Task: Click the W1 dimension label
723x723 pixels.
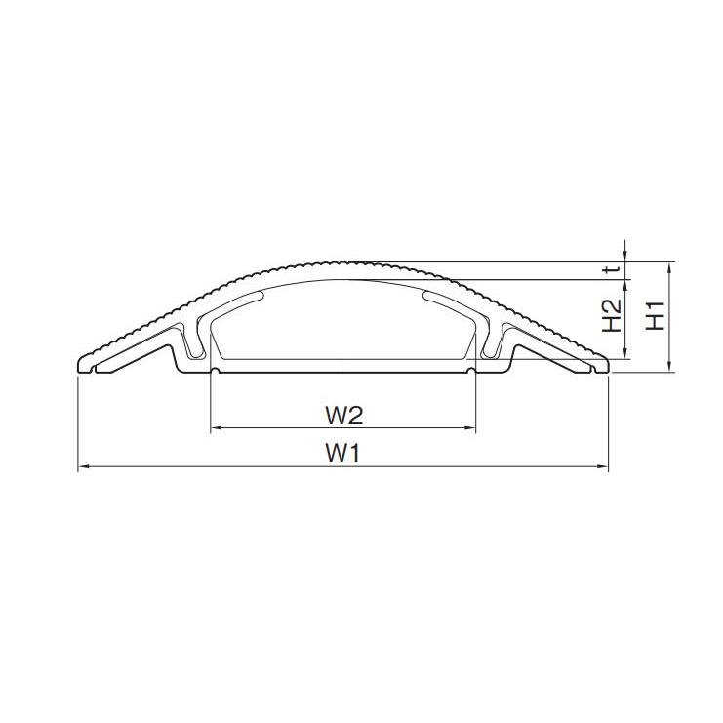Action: [342, 453]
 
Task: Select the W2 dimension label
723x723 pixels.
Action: [344, 416]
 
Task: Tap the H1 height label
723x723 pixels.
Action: [656, 316]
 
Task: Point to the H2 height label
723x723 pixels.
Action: [612, 316]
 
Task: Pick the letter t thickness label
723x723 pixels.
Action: [613, 269]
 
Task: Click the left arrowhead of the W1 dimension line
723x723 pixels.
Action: [83, 466]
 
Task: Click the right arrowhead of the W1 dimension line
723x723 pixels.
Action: [603, 466]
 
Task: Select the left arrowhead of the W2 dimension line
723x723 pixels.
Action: [217, 428]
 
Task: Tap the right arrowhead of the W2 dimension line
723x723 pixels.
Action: [470, 428]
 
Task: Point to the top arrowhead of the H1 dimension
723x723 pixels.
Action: [668, 267]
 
